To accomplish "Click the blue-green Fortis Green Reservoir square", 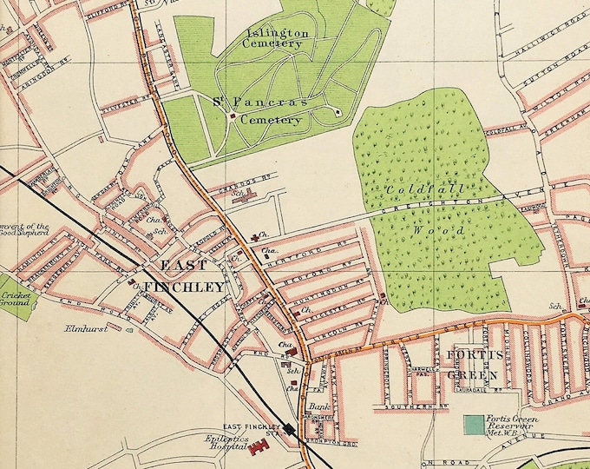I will (474, 426).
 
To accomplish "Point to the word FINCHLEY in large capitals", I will (184, 287).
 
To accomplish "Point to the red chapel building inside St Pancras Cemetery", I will (233, 112).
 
